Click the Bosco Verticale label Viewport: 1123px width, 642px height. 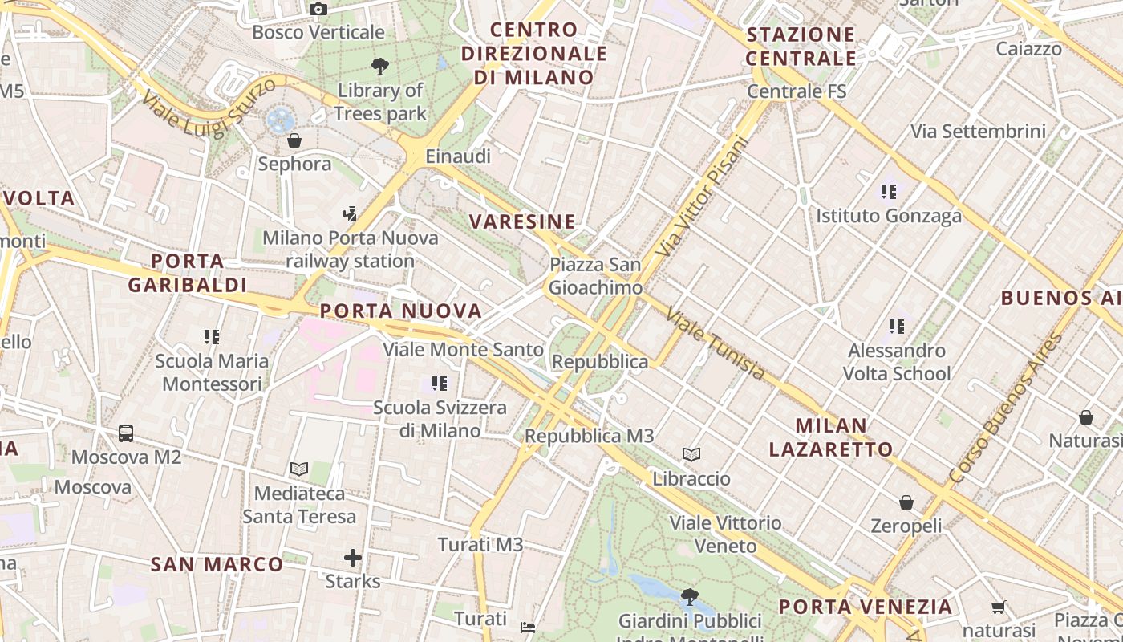318,33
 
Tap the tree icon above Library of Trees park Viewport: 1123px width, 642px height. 380,66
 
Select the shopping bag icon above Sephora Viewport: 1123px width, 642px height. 294,140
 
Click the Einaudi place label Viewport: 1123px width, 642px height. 458,156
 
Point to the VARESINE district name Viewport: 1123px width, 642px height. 522,221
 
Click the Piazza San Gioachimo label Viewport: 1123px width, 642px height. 595,276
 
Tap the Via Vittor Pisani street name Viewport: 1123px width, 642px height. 701,197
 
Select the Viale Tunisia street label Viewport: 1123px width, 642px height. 716,344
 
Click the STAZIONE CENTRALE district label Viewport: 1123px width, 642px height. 801,47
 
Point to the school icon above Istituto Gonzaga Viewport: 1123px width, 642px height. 889,192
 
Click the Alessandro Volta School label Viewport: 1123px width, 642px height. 897,362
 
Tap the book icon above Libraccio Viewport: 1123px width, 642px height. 691,455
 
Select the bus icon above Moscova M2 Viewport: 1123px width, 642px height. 126,433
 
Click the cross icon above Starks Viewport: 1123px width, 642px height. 353,557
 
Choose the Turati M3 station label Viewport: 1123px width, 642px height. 480,545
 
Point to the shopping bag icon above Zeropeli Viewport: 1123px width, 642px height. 906,502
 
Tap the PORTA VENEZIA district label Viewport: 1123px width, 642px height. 866,607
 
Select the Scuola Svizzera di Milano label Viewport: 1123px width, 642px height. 440,419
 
